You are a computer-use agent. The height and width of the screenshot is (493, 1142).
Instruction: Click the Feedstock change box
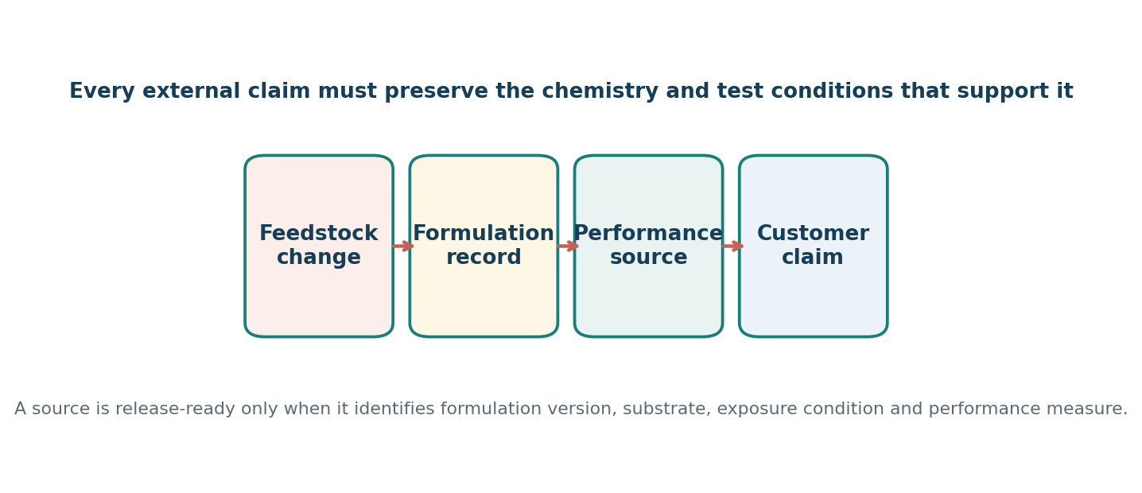point(319,246)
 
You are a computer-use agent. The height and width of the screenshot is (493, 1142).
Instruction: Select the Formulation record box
point(484,246)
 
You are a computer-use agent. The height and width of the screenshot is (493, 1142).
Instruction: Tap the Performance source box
point(648,246)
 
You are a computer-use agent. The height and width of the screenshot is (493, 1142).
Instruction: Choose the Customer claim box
point(814,246)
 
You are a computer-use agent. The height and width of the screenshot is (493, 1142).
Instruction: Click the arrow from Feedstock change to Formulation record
point(402,246)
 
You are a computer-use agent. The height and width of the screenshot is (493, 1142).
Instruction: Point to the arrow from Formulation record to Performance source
point(568,246)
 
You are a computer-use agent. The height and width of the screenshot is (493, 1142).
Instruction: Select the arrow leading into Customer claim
point(732,246)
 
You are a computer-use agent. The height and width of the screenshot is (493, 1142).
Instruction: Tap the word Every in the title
point(102,91)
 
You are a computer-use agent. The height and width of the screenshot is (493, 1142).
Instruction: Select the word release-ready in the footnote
point(175,409)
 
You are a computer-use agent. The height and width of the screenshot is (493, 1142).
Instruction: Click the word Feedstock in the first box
point(319,234)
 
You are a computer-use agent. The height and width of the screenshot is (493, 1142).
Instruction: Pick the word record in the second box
point(484,257)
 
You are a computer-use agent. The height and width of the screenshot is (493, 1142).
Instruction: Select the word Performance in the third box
point(648,234)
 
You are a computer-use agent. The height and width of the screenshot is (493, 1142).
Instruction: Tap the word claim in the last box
point(813,257)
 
